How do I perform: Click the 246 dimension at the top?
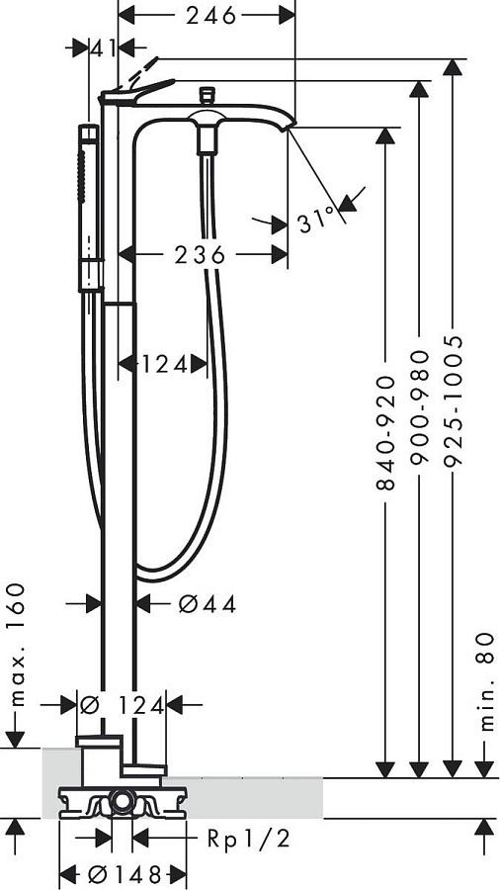coord(210,17)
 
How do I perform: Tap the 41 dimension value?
coord(103,48)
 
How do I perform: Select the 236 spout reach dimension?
coord(200,255)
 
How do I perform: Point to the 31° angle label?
coord(316,221)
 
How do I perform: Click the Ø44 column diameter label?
coord(207,604)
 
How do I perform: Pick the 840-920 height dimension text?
coord(385,432)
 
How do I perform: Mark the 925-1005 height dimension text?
coord(453,400)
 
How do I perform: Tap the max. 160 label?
coord(17,644)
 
